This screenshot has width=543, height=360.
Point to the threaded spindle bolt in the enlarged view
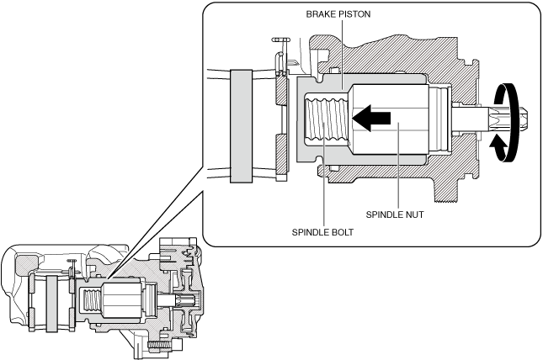[325, 118]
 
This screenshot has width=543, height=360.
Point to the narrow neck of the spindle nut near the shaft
[441, 119]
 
